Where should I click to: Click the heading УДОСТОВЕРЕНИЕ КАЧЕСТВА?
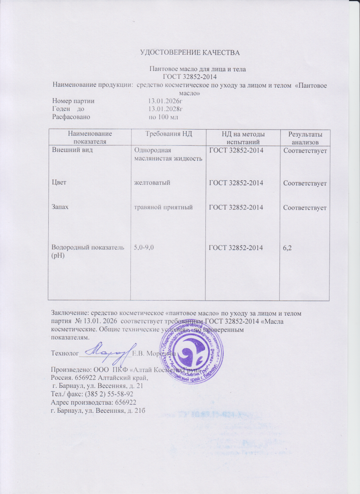[190, 53]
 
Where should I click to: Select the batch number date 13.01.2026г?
[165, 101]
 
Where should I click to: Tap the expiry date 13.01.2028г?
[165, 109]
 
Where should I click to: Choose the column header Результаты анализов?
[305, 138]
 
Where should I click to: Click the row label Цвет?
[59, 182]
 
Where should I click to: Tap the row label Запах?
[61, 207]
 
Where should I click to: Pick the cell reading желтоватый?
[152, 182]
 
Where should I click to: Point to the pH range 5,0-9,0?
[144, 247]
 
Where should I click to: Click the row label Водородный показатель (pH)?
[87, 251]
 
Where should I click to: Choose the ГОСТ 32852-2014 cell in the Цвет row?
[236, 182]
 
